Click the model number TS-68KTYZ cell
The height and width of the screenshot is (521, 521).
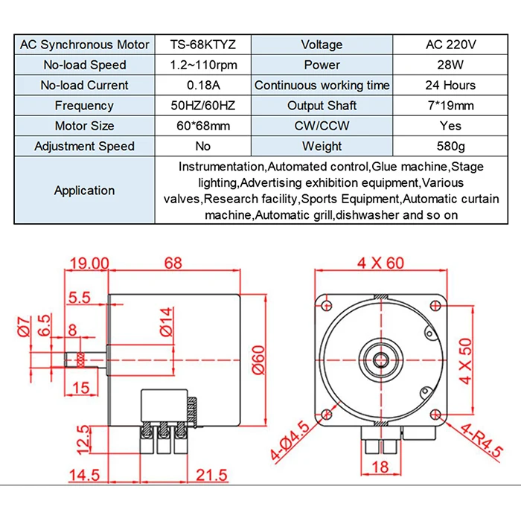point(203,45)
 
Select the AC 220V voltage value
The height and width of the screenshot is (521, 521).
point(450,45)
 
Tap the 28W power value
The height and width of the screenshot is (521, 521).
point(450,65)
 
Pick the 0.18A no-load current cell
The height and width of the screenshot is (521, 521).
point(203,86)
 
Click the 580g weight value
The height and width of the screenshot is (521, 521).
point(450,146)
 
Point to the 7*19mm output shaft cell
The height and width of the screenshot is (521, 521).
point(450,106)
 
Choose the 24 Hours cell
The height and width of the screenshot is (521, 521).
point(450,86)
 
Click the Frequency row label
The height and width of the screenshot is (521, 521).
point(84,106)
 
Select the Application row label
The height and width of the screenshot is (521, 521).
point(84,191)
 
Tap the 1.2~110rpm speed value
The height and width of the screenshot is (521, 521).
point(203,65)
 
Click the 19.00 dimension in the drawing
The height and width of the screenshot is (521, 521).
point(89,263)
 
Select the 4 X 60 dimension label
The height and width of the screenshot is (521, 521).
point(380,263)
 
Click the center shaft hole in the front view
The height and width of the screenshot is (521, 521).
point(380,351)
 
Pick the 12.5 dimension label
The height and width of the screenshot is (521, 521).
point(84,438)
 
